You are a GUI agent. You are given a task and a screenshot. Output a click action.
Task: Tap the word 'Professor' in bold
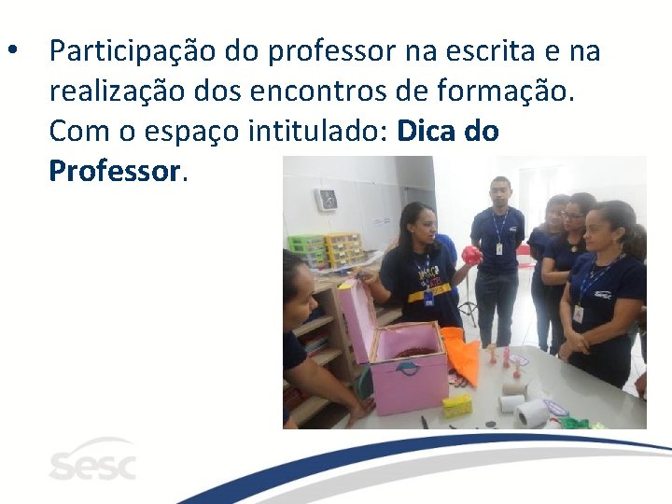[x=113, y=171]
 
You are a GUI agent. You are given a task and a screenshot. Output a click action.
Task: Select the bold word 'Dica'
[x=427, y=131]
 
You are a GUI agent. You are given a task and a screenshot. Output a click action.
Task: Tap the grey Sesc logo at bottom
[x=91, y=460]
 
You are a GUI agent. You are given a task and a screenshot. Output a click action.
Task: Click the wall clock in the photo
[x=327, y=200]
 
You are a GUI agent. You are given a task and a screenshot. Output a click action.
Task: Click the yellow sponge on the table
[x=456, y=405]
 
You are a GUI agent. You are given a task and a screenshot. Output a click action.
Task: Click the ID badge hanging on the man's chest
[x=498, y=248]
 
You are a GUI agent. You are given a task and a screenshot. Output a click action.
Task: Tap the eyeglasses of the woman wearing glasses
[x=572, y=216]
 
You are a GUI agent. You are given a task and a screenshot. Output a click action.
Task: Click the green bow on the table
[x=575, y=423]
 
